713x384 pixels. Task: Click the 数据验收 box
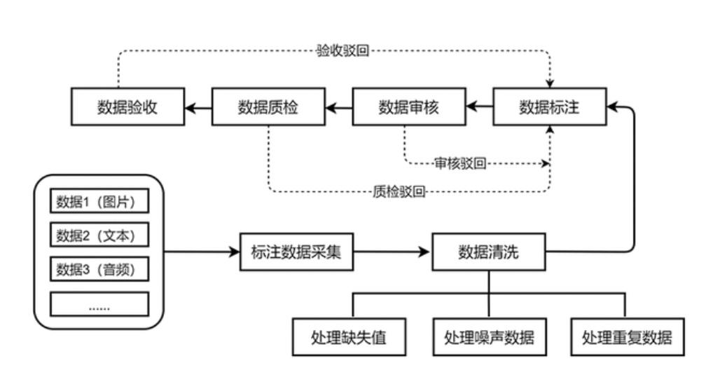coord(127,107)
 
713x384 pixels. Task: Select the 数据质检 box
coord(268,107)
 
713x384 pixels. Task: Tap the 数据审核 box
coord(408,107)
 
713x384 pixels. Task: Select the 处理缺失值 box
coord(349,338)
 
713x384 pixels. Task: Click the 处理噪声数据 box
coord(489,338)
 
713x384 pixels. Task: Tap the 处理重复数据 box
coord(626,338)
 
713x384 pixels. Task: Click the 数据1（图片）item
coord(99,203)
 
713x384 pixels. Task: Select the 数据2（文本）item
coord(99,235)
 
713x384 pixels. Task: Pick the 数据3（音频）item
coord(99,268)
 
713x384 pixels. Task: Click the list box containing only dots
coord(99,303)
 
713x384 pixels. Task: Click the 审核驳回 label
coord(460,164)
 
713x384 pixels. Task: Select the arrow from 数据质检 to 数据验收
coord(198,107)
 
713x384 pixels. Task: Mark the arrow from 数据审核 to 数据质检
coord(338,107)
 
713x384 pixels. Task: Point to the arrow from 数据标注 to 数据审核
coord(480,107)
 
